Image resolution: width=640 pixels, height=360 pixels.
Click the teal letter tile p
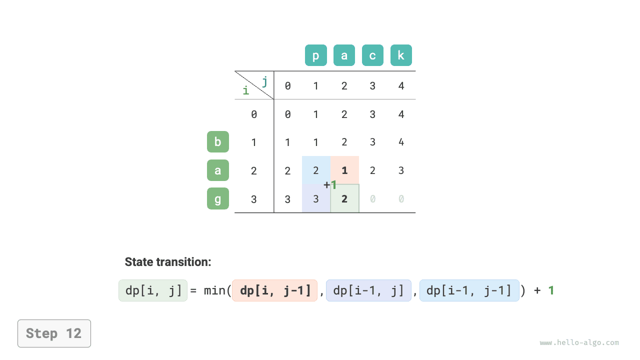point(316,55)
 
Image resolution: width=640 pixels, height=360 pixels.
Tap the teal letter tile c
point(372,55)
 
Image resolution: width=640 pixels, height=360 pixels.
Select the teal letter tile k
point(401,55)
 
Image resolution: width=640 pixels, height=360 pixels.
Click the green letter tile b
point(218,142)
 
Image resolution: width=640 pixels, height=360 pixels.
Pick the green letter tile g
point(218,198)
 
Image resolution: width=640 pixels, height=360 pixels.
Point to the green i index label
point(245,90)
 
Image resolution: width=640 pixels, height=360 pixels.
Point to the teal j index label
point(264,80)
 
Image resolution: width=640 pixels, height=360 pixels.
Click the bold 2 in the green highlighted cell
point(344,199)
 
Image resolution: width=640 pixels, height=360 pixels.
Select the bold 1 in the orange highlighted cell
point(344,170)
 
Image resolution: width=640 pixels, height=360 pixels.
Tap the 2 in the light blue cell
point(316,170)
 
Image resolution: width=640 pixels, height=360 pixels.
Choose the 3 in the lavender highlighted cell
point(316,199)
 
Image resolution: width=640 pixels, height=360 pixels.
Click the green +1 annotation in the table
point(330,185)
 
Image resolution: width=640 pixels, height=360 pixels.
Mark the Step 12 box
point(54,333)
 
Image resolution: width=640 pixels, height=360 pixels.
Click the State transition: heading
point(168,262)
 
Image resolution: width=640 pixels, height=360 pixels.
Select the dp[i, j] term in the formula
point(153,290)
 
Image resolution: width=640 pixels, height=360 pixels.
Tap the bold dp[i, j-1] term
point(275,290)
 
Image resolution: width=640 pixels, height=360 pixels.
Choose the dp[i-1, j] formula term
point(368,290)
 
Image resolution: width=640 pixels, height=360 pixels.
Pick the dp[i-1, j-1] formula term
point(469,290)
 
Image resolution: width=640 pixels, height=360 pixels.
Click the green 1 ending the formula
point(551,290)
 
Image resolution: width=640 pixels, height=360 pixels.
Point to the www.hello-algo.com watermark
point(579,343)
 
